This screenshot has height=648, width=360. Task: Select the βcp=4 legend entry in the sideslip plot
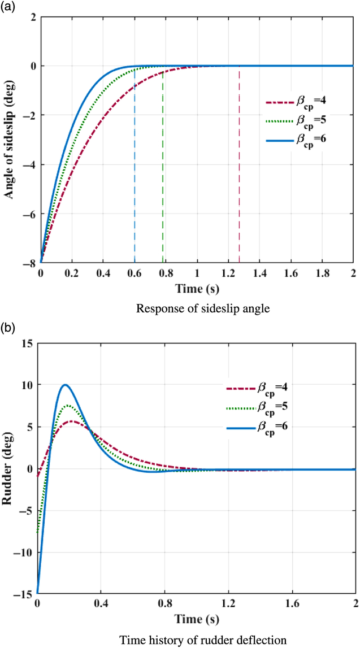pos(297,103)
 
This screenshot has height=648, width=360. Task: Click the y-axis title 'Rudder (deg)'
pos(10,468)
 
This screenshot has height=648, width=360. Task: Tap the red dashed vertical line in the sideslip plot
pos(239,169)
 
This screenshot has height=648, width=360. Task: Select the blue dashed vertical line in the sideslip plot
pos(135,169)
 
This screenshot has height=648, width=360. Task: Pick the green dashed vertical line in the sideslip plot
pos(163,169)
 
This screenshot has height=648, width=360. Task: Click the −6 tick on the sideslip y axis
pos(30,215)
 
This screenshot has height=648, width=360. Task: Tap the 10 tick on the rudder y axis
pos(26,385)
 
